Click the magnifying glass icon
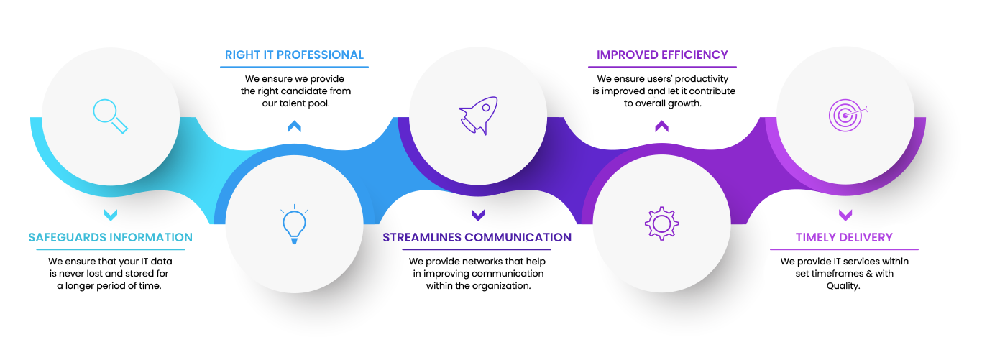point(110,116)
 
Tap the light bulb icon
point(294,226)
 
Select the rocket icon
point(479,115)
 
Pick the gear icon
point(661,223)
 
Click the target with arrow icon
point(846,114)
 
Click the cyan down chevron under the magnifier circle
point(111,214)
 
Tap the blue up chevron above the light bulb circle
point(294,126)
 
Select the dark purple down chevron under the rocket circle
point(478,214)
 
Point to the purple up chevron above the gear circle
point(661,126)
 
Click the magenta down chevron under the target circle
point(845,214)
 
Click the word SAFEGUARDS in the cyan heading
point(68,237)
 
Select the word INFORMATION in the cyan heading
point(150,237)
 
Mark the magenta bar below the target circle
point(845,241)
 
